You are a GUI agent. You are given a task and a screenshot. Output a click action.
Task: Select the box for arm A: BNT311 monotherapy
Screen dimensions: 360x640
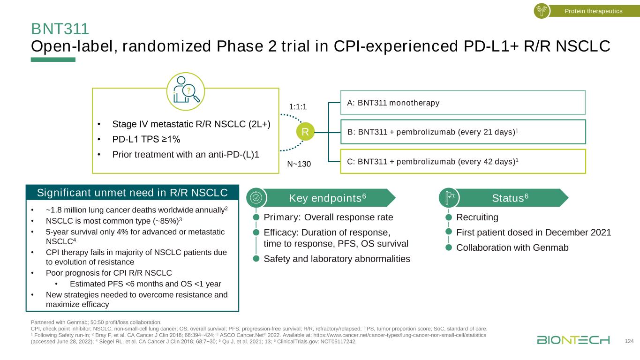tap(463, 102)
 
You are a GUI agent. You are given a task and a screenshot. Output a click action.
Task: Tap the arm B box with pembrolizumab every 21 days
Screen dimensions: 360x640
tap(463, 132)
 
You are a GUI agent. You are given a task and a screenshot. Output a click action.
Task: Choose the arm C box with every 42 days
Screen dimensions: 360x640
tap(463, 161)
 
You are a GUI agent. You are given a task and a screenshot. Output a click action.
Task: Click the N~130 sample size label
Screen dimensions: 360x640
tap(299, 164)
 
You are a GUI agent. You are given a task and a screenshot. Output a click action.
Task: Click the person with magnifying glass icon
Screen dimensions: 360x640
tap(186, 88)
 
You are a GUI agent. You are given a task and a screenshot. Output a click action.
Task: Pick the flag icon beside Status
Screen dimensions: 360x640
tap(448, 197)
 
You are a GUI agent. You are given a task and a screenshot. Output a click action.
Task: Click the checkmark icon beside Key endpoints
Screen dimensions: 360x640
tap(256, 197)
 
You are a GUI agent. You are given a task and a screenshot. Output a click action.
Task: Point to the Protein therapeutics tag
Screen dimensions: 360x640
tap(593, 11)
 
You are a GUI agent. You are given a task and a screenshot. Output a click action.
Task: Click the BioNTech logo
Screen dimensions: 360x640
tap(573, 340)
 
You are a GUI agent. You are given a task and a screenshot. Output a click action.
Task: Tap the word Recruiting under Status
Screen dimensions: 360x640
tap(477, 217)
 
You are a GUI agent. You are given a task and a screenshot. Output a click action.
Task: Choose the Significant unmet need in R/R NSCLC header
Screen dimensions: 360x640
tap(132, 193)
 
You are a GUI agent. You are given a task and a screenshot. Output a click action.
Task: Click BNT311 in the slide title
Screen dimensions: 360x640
tap(60, 29)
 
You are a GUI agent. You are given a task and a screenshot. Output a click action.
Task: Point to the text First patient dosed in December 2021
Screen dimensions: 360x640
tap(534, 232)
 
